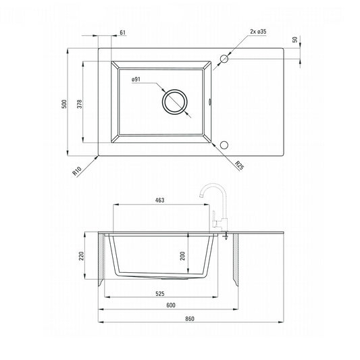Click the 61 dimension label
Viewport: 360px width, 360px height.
click(x=123, y=32)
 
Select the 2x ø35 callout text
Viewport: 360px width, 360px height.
click(x=258, y=32)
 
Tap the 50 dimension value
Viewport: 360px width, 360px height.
click(x=294, y=39)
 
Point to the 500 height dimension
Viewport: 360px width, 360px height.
click(x=65, y=104)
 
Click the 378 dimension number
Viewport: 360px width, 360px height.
click(x=80, y=104)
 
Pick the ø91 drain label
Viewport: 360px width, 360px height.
click(x=136, y=80)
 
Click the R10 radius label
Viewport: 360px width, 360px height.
click(x=77, y=171)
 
